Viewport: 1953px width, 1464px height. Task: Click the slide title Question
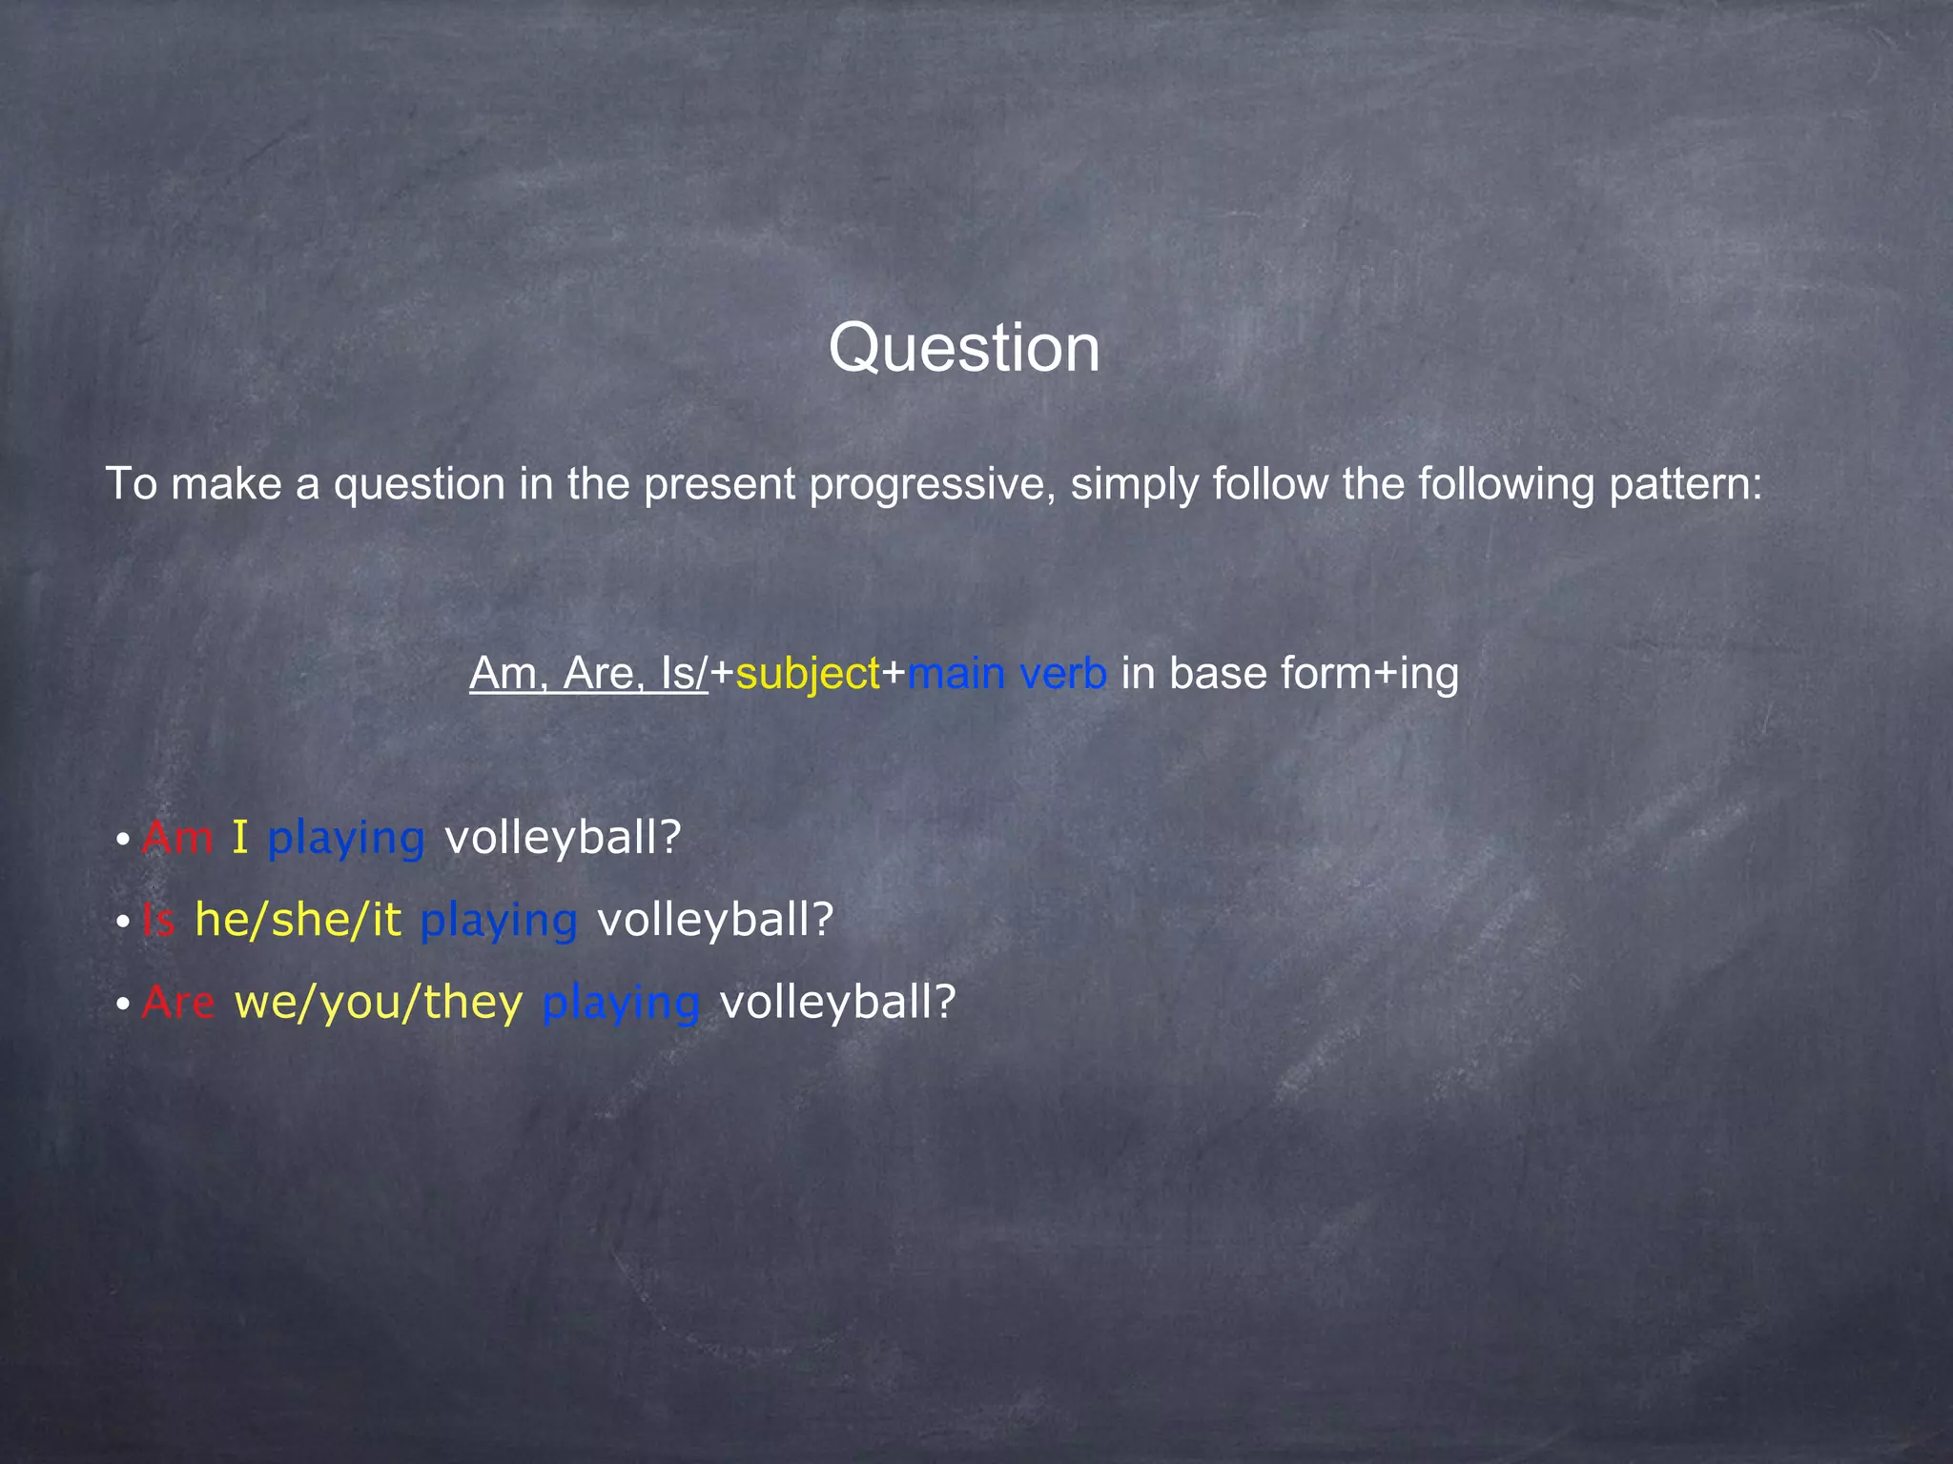pos(964,348)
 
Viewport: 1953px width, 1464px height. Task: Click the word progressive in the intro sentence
pos(932,485)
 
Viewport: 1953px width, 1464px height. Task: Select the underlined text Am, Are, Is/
pos(588,674)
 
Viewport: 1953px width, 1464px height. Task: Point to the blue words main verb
pos(1007,674)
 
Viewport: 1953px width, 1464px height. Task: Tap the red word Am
pos(177,838)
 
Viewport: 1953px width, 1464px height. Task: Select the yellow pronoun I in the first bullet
pos(239,838)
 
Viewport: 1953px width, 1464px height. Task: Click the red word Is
pos(158,920)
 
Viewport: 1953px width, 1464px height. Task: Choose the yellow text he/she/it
pos(298,920)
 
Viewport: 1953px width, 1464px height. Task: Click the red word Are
pos(178,1002)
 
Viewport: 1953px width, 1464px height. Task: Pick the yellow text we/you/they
pos(379,1002)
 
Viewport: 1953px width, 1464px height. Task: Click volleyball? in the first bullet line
pos(563,838)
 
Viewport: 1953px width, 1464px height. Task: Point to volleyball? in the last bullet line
pos(837,1002)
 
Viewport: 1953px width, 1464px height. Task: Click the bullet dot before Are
pos(123,1005)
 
